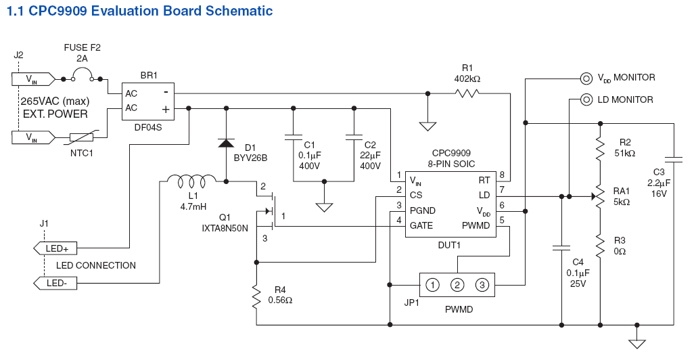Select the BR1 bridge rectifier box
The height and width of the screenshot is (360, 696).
(147, 101)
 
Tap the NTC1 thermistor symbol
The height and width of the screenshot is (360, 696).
(85, 137)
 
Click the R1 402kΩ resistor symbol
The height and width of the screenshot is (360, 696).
(467, 93)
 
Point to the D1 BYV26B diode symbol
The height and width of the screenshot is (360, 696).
(225, 143)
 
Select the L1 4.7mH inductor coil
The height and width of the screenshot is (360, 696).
(191, 181)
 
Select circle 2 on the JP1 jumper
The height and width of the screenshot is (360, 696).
(457, 285)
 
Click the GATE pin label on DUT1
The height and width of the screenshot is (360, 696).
(421, 225)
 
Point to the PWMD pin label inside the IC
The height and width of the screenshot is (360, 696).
(475, 225)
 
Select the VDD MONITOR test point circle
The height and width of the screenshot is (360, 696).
(586, 77)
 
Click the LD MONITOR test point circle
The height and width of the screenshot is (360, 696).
(586, 99)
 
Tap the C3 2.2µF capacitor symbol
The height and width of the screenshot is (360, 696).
(674, 160)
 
